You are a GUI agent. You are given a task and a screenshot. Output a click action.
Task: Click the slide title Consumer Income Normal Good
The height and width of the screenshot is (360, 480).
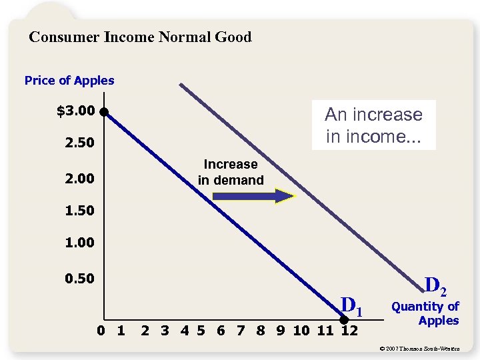[140, 37]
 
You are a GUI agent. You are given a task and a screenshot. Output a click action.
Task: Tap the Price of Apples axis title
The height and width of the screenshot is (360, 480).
[69, 81]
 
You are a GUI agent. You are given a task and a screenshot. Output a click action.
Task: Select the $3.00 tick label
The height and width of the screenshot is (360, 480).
[76, 111]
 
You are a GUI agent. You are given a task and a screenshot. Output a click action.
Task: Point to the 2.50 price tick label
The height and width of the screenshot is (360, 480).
[79, 144]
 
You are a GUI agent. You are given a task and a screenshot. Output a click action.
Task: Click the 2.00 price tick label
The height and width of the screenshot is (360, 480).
[79, 179]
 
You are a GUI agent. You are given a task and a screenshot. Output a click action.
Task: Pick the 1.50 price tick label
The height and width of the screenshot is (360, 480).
[79, 211]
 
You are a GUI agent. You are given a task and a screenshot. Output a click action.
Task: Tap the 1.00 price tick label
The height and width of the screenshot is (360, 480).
[79, 243]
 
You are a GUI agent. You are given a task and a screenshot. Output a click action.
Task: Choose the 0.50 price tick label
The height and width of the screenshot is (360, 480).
[79, 278]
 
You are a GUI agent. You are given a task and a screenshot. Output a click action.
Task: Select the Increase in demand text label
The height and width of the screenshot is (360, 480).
[231, 172]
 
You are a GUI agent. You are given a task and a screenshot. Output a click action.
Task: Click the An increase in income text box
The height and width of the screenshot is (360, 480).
[373, 125]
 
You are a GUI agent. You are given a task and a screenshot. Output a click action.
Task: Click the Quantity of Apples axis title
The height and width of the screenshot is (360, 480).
[425, 313]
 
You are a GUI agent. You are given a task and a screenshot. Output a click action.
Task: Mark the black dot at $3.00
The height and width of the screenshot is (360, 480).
[105, 112]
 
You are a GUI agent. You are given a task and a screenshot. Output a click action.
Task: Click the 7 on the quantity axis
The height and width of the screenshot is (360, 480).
[241, 329]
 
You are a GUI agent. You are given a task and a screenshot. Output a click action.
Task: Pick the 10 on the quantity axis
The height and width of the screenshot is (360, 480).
[301, 329]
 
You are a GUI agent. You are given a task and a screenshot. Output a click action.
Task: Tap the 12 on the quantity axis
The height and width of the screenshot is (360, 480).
[349, 329]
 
